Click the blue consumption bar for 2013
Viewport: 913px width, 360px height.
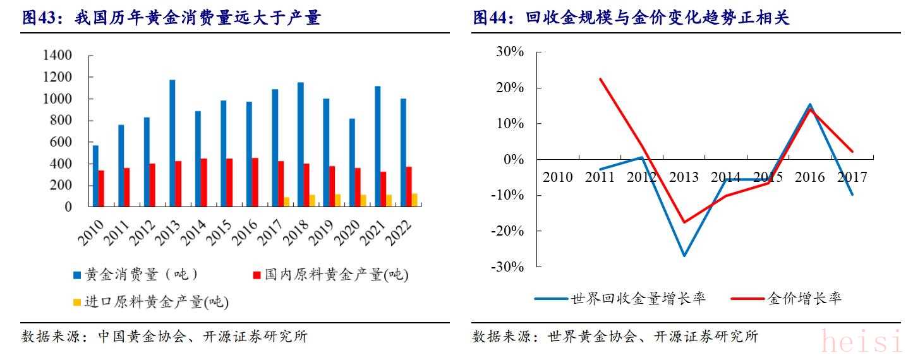click(172, 143)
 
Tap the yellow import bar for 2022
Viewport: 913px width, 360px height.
click(414, 200)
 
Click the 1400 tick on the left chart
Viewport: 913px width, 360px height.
click(57, 56)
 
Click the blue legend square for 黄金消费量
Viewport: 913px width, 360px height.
click(77, 275)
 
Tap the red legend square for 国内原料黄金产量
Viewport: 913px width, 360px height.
click(257, 275)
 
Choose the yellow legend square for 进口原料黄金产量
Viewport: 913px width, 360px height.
click(77, 303)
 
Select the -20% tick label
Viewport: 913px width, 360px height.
click(507, 231)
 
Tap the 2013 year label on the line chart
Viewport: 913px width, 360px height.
click(684, 177)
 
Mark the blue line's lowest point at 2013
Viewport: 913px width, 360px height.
click(684, 256)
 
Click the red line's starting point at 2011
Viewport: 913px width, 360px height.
click(600, 79)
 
